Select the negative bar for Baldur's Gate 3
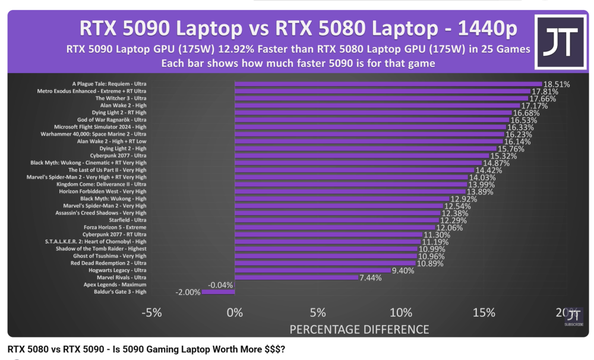pyautogui.click(x=219, y=292)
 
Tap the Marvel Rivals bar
pyautogui.click(x=296, y=277)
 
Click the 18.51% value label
pyautogui.click(x=557, y=85)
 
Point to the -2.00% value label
pyautogui.click(x=188, y=292)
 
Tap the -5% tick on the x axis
pyautogui.click(x=152, y=312)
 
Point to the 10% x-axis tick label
pyautogui.click(x=400, y=312)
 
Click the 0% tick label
pyautogui.click(x=235, y=312)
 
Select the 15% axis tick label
pyautogui.click(x=484, y=312)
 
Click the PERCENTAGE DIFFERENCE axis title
pyautogui.click(x=359, y=329)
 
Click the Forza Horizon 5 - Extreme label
pyautogui.click(x=116, y=227)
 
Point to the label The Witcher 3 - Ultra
pyautogui.click(x=121, y=98)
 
